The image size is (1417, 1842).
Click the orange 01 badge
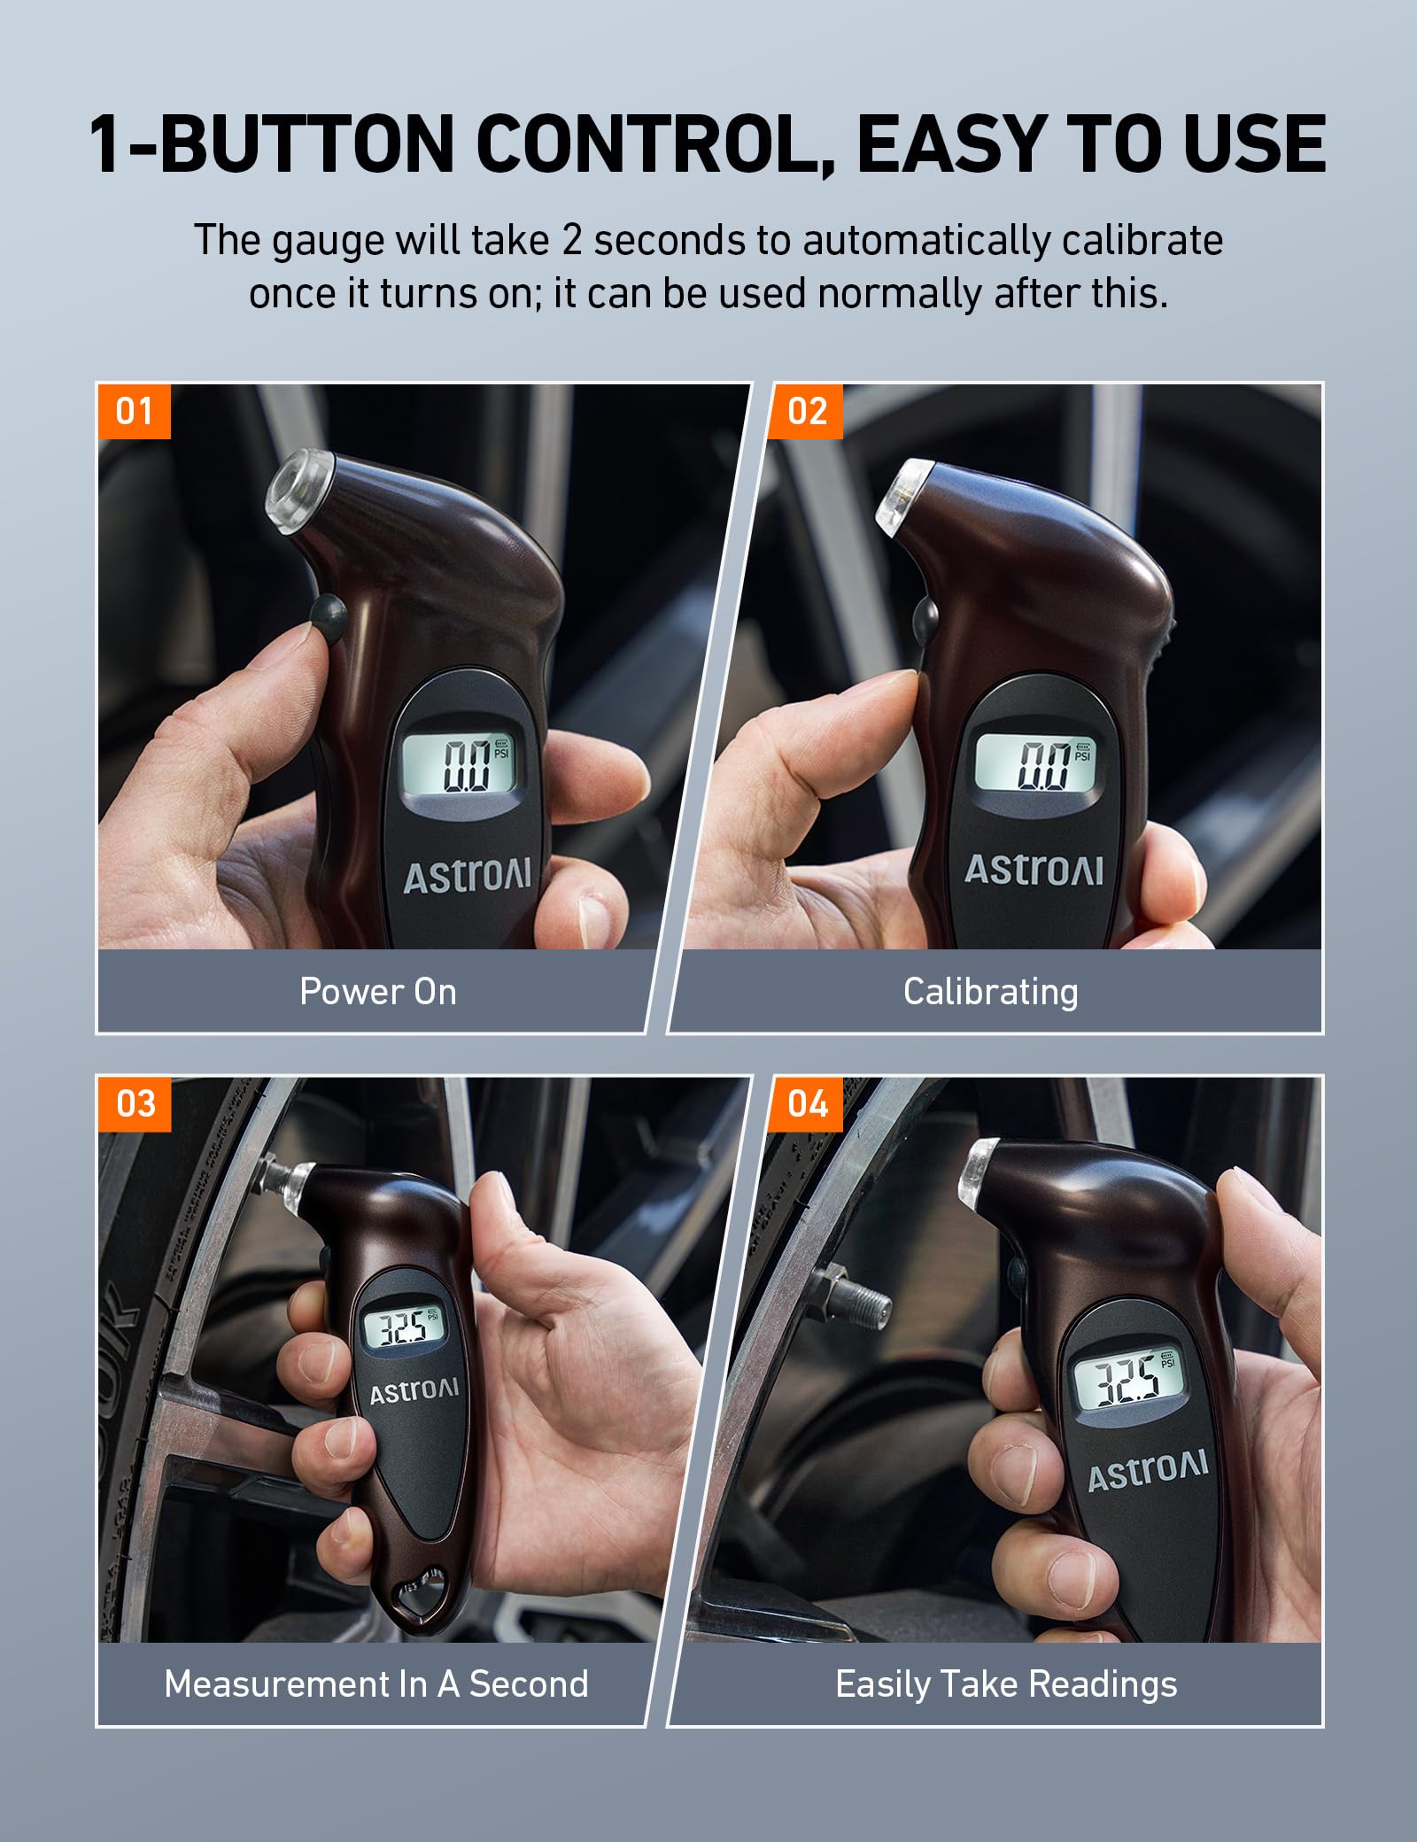tap(134, 412)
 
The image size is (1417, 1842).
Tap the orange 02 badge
tap(806, 412)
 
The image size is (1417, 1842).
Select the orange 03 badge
tap(135, 1103)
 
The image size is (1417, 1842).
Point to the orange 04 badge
tap(807, 1103)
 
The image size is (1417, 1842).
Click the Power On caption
tap(378, 991)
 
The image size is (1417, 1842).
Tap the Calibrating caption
tap(990, 991)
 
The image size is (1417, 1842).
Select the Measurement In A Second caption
tap(376, 1683)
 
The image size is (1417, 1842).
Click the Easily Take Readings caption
tap(1006, 1683)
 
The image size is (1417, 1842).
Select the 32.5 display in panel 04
tap(1127, 1379)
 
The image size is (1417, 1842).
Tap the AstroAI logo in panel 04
tap(1147, 1471)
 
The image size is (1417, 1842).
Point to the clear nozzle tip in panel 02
tap(902, 493)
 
